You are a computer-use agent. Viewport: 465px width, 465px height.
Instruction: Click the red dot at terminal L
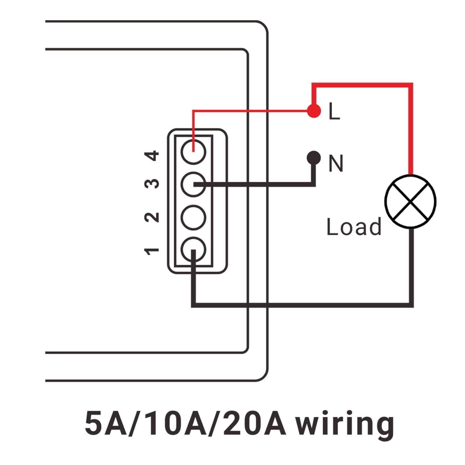coord(314,110)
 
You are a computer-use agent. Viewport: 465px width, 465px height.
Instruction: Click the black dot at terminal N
coord(314,158)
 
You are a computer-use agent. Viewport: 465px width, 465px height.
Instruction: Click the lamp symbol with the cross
coord(410,201)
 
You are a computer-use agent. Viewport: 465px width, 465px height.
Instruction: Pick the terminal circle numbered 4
coord(193,152)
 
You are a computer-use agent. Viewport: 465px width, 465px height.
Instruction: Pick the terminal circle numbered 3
coord(193,184)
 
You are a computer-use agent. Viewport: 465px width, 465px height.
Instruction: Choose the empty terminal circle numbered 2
coord(193,217)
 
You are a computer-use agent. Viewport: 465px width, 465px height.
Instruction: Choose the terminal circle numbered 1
coord(193,250)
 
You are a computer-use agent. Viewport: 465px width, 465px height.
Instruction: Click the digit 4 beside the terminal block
coord(152,156)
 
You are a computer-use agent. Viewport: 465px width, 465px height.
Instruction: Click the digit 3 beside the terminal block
coord(152,184)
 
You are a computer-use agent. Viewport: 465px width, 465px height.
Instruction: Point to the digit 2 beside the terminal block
coord(152,217)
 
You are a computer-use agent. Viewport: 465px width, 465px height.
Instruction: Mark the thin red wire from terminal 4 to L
coord(248,110)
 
